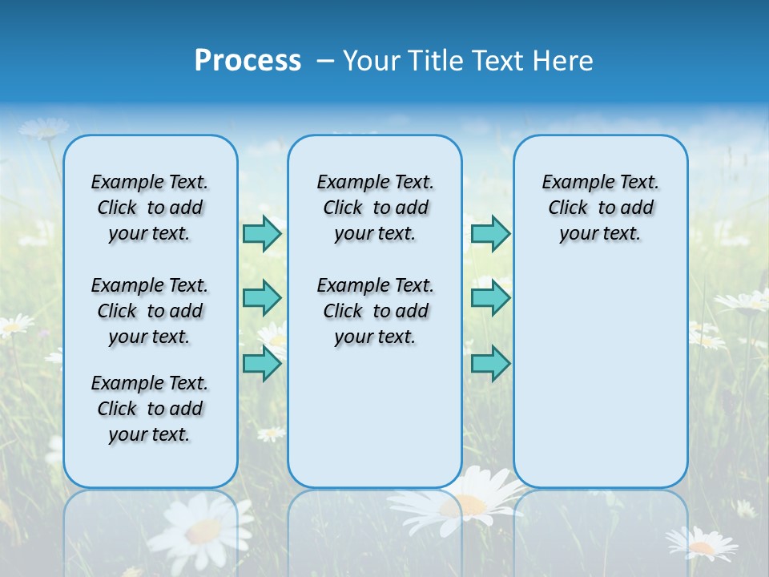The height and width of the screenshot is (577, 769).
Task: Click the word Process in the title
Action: [x=248, y=61]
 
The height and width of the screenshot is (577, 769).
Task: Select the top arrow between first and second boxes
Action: [x=262, y=233]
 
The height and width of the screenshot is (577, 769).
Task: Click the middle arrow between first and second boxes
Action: [x=262, y=298]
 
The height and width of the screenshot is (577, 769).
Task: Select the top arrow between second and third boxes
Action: [x=490, y=233]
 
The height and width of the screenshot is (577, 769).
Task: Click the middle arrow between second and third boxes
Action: [x=490, y=298]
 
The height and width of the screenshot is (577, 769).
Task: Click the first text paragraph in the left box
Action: [x=150, y=208]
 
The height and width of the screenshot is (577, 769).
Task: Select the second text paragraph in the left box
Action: [x=150, y=311]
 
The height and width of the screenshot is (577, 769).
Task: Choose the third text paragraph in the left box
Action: [x=150, y=409]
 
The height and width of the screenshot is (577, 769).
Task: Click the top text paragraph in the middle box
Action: [x=375, y=208]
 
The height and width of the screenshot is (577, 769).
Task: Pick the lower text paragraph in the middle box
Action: [x=375, y=311]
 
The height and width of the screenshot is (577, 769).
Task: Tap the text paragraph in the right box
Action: [x=600, y=208]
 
